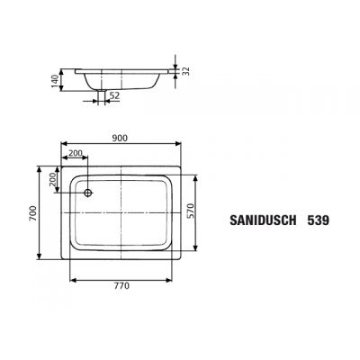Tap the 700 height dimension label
32,213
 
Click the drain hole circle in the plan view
88,193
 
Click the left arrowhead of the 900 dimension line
64,146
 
